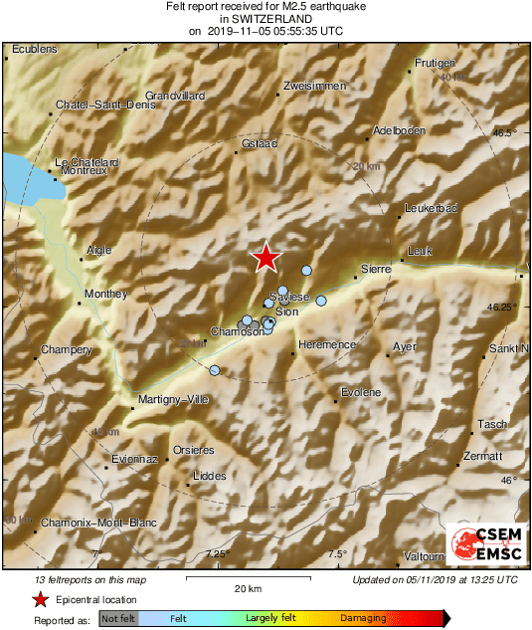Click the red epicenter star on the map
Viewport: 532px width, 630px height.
pos(265,258)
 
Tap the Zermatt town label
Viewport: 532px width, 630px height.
pos(484,456)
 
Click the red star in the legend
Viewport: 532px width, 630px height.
pos(39,599)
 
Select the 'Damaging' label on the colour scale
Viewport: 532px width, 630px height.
pos(364,618)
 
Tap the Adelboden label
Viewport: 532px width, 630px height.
pos(399,130)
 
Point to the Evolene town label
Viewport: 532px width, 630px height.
pos(361,392)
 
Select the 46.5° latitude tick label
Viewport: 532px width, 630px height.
pos(507,132)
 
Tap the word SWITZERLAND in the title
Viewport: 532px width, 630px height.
pos(266,19)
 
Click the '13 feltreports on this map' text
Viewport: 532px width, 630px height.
pos(89,579)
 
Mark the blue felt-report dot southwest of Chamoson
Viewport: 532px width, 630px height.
pos(215,370)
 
